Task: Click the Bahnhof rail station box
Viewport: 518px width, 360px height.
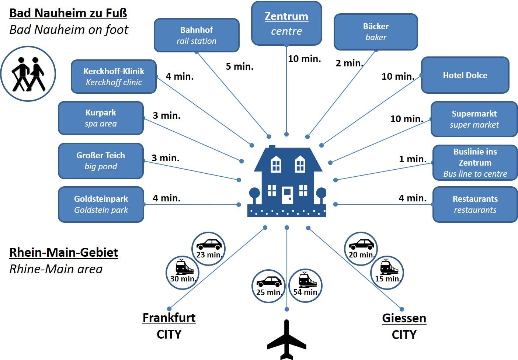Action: [197, 35]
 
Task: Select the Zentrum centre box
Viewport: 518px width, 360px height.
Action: [286, 23]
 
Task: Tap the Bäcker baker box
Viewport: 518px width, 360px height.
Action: [376, 32]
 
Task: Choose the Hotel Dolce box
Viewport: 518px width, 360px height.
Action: [465, 75]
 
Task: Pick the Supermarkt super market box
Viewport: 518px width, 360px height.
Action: [474, 119]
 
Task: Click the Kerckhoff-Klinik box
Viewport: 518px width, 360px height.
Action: [114, 77]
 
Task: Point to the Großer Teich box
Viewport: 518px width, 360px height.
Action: [101, 161]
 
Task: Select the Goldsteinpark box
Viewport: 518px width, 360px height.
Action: [101, 204]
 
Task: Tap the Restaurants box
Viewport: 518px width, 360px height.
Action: [475, 204]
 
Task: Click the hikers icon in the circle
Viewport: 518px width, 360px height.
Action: [28, 74]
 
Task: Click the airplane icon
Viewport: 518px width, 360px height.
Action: [286, 340]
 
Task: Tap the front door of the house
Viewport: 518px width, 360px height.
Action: [287, 195]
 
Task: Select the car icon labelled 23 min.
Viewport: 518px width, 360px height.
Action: [209, 244]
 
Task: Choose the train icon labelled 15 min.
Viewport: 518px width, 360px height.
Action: [389, 267]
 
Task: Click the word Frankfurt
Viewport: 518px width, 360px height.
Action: [169, 318]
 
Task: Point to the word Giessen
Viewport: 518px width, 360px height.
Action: [404, 318]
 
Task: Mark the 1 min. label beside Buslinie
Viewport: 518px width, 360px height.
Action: [413, 159]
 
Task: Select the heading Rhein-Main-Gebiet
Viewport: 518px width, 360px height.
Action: [64, 253]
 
